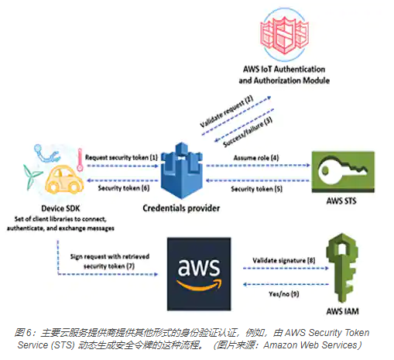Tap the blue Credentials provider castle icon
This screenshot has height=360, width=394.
(182, 171)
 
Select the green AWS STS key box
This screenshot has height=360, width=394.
(343, 172)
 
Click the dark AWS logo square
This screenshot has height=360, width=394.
(199, 274)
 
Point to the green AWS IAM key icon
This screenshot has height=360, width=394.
(342, 268)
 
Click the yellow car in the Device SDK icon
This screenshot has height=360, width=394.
(64, 180)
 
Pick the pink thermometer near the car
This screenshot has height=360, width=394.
(80, 160)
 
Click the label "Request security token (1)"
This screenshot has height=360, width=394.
(122, 157)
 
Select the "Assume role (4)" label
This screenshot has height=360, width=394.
(256, 158)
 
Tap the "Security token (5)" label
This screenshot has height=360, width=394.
(256, 189)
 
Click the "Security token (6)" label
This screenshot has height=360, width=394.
(124, 188)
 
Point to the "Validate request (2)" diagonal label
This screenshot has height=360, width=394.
(227, 111)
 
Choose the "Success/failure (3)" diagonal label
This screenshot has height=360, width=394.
(248, 132)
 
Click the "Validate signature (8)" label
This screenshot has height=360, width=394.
(284, 260)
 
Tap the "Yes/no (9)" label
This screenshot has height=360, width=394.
(284, 294)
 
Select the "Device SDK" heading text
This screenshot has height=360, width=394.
(60, 208)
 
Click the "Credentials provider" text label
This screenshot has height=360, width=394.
(181, 208)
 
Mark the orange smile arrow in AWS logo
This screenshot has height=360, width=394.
(199, 284)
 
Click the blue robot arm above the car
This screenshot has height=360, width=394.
(46, 154)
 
